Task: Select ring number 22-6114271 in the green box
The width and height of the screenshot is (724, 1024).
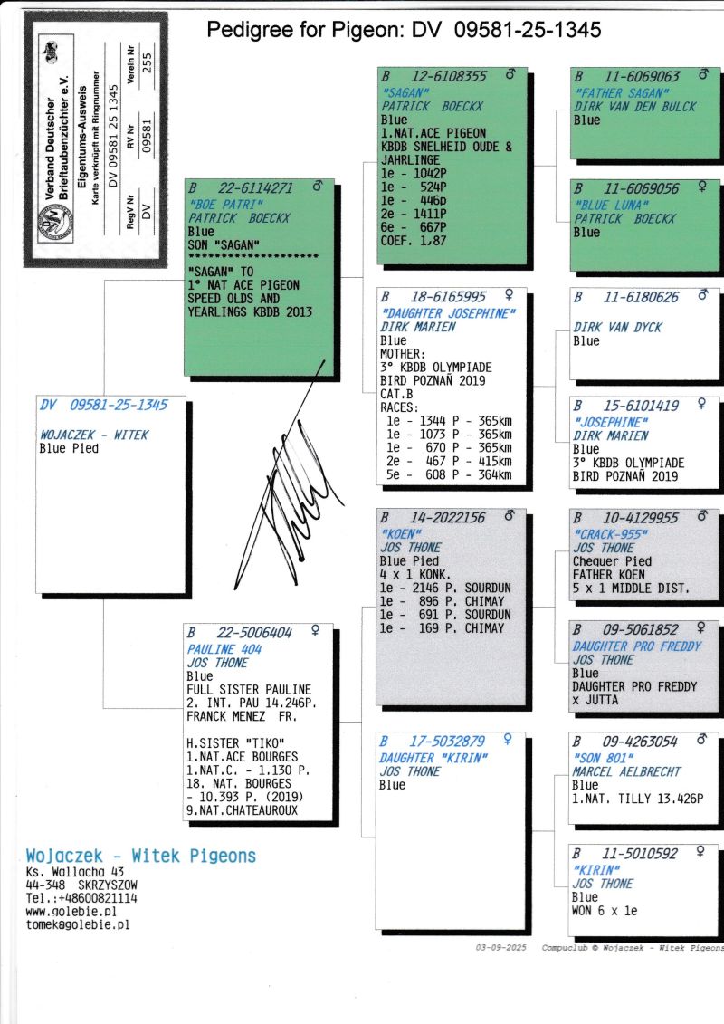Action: [x=256, y=188]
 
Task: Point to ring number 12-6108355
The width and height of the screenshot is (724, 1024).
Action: [x=449, y=76]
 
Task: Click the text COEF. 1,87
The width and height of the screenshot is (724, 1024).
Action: [x=414, y=240]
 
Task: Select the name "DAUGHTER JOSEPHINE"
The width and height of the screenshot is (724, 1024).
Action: [x=448, y=313]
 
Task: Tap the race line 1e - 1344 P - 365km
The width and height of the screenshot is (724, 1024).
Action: [x=449, y=421]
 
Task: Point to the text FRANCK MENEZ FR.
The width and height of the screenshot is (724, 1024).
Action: [x=242, y=716]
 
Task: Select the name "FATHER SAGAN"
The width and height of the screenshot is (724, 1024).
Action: [x=622, y=92]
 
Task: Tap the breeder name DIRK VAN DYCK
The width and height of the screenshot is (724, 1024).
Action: [x=617, y=327]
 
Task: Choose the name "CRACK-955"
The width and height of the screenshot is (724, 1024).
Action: [x=610, y=534]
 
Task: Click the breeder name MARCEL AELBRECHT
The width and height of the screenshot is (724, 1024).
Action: [x=627, y=771]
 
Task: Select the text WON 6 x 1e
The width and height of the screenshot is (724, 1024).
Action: [x=605, y=910]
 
